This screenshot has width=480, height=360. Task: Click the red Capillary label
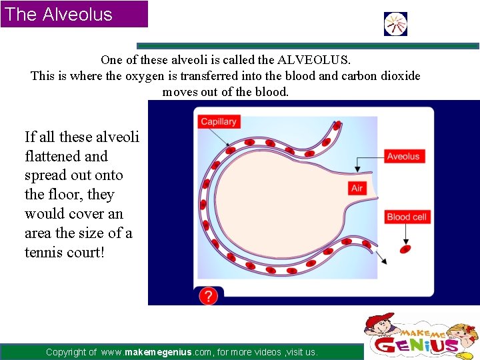coord(219,122)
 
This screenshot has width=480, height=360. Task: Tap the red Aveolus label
coord(403,156)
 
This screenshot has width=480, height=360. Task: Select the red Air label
coord(357,188)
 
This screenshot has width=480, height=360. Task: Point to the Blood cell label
coord(407,217)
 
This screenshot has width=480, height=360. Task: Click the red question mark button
coord(209,296)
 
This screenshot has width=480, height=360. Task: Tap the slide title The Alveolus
coord(59,14)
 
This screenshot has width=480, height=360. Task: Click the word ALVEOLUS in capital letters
coord(315,60)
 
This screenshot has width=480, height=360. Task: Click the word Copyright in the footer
coord(71,352)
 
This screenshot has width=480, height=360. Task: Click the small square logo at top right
coord(395,24)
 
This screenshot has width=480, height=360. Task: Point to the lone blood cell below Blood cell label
coord(404,249)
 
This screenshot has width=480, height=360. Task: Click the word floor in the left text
coord(63,195)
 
